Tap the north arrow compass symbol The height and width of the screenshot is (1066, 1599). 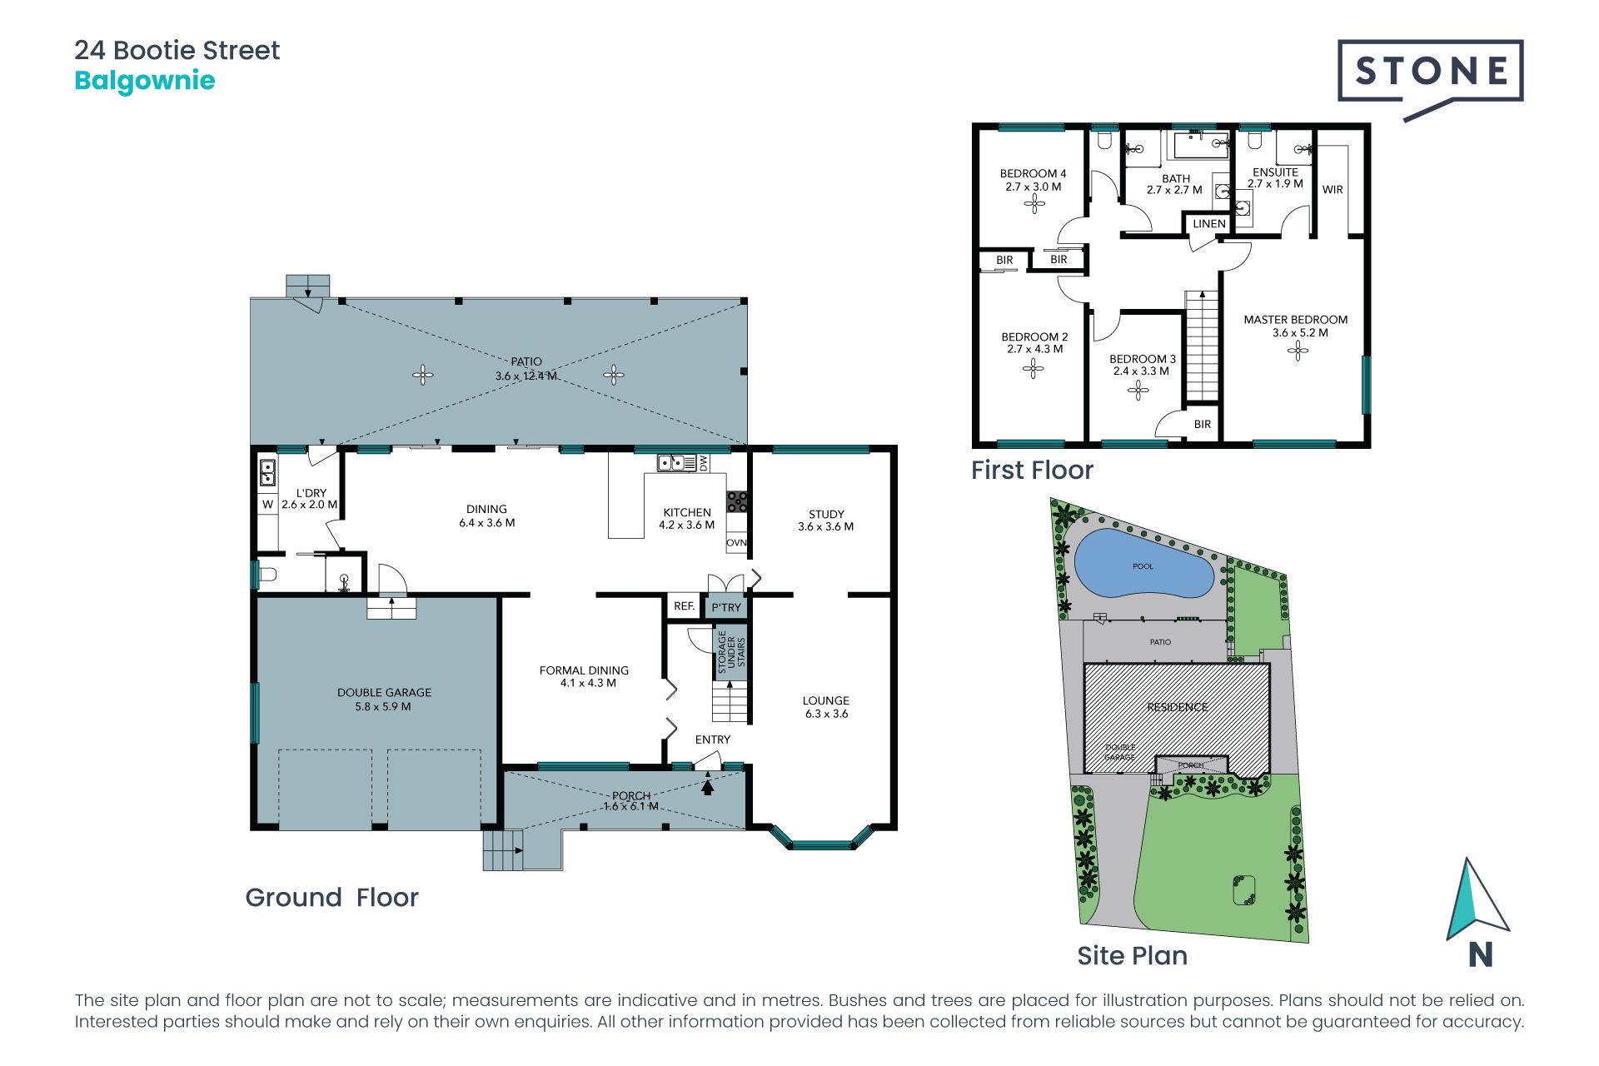[1477, 900]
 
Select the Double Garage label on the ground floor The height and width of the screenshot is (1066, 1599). [384, 700]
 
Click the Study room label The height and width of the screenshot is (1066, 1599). [826, 521]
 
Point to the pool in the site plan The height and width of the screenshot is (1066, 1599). [1143, 565]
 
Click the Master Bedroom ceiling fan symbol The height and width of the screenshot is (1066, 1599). [1298, 351]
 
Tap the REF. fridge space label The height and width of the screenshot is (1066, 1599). [685, 606]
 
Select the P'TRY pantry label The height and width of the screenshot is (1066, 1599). [726, 608]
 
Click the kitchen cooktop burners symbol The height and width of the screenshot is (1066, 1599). [737, 501]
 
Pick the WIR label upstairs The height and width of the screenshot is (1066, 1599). [1332, 190]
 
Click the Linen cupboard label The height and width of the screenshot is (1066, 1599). [1209, 224]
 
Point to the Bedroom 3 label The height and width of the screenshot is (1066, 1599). [1142, 365]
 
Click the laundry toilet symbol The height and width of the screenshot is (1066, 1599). [267, 574]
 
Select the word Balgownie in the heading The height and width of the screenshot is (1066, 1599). [145, 81]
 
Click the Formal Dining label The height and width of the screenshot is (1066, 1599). [584, 676]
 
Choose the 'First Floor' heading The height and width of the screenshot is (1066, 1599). [1032, 470]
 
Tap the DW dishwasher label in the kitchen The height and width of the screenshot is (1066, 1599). [704, 462]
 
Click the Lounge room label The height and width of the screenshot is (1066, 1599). [826, 707]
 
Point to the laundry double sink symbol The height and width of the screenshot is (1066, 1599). [268, 472]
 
